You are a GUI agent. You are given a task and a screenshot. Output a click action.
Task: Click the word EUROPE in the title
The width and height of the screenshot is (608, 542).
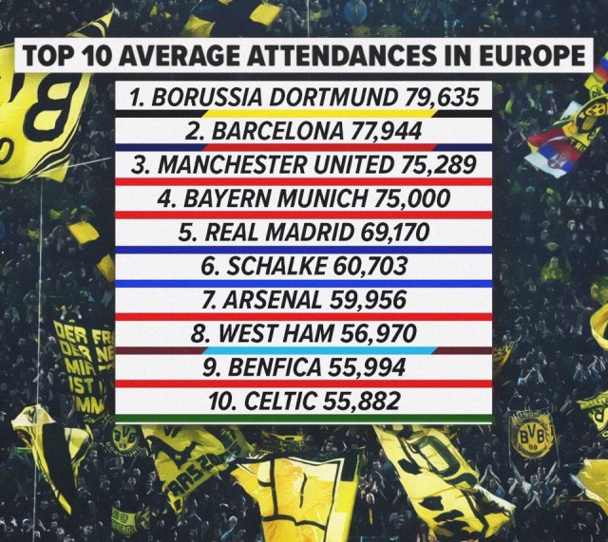click(532, 55)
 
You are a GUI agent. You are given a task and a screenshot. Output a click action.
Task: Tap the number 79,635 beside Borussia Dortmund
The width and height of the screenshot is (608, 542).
click(441, 97)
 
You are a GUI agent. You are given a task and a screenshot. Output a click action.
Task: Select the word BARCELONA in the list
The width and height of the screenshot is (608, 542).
click(277, 131)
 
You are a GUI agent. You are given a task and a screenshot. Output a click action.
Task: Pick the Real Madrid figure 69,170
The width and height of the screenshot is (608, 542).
click(395, 232)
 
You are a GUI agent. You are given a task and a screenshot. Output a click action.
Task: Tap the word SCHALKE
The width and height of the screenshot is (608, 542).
click(276, 266)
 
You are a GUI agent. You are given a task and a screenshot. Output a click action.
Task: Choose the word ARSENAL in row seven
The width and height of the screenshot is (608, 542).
click(272, 300)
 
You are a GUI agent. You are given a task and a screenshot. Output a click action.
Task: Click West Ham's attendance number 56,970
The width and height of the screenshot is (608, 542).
click(378, 333)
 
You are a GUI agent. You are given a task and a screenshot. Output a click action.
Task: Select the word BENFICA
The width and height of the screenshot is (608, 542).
click(275, 367)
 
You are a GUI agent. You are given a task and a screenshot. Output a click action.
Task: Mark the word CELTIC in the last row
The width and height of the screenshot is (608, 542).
click(280, 401)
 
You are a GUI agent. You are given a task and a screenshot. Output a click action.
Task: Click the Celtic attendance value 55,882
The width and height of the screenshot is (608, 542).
click(361, 401)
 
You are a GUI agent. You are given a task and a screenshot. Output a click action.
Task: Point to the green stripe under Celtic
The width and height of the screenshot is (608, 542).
click(304, 418)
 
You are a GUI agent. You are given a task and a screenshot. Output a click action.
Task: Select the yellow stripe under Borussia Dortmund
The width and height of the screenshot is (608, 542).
click(320, 114)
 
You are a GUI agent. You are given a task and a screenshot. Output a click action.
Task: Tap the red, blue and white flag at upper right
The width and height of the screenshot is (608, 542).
click(556, 149)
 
